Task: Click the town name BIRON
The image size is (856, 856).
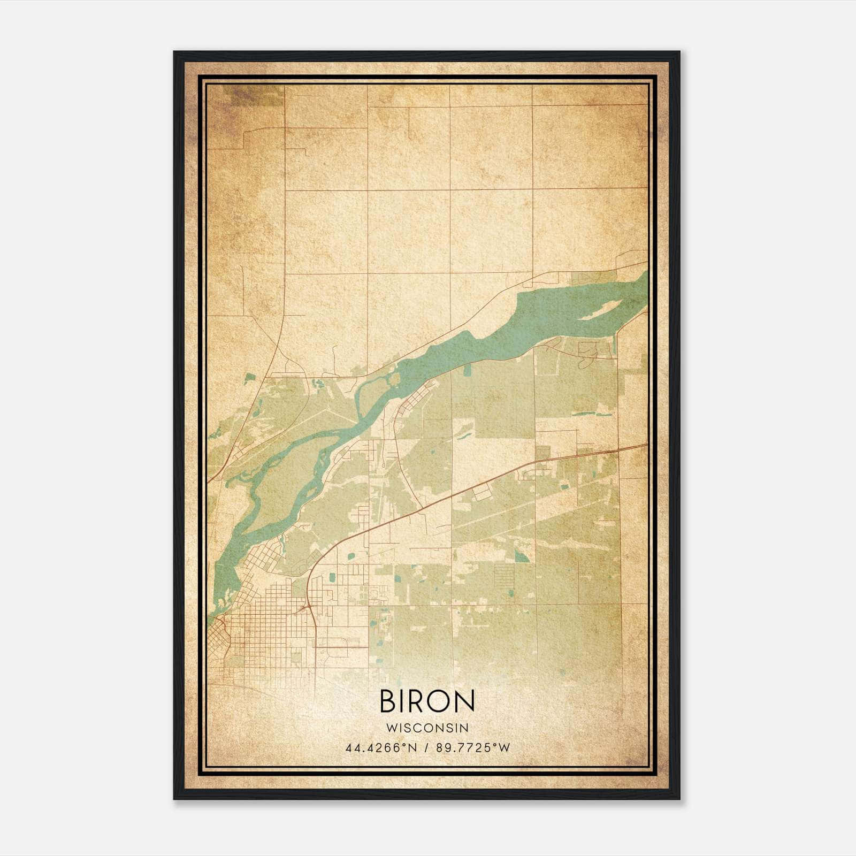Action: click(427, 701)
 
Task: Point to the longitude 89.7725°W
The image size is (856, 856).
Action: click(473, 748)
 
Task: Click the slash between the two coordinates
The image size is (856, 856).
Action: click(426, 748)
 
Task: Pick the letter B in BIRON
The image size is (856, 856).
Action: click(387, 701)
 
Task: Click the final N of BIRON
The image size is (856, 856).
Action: click(464, 701)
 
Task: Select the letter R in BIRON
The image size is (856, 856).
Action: click(415, 701)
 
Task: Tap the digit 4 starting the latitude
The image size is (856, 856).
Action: click(349, 748)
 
